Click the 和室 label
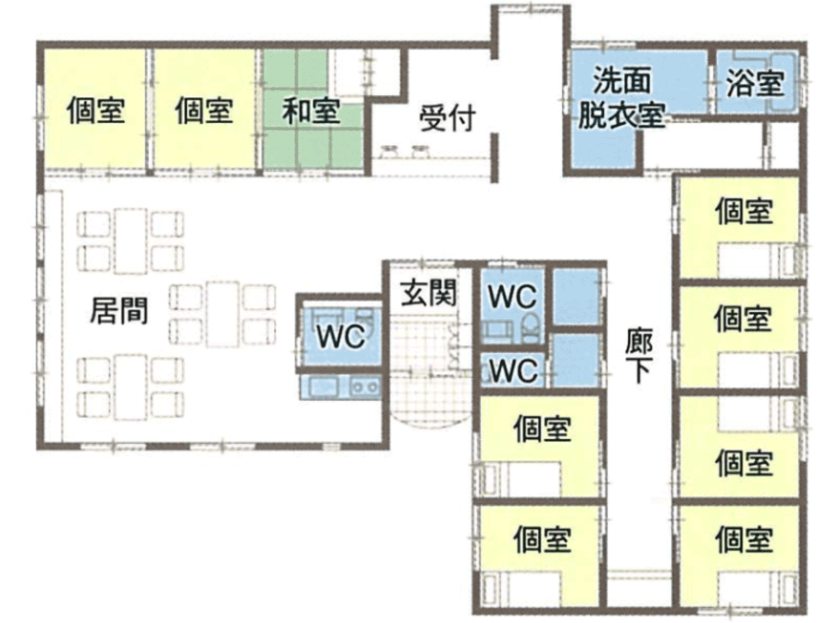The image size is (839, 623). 311,111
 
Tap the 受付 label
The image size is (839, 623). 447,118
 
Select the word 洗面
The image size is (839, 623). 622,80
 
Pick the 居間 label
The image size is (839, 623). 119,311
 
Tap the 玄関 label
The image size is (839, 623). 429,292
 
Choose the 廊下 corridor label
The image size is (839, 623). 638,356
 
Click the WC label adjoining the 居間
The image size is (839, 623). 341,336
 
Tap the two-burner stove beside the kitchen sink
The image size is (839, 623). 364,387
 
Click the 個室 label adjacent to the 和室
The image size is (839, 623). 204,110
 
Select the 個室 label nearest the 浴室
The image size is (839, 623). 744,210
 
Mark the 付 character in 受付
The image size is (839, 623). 462,118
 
